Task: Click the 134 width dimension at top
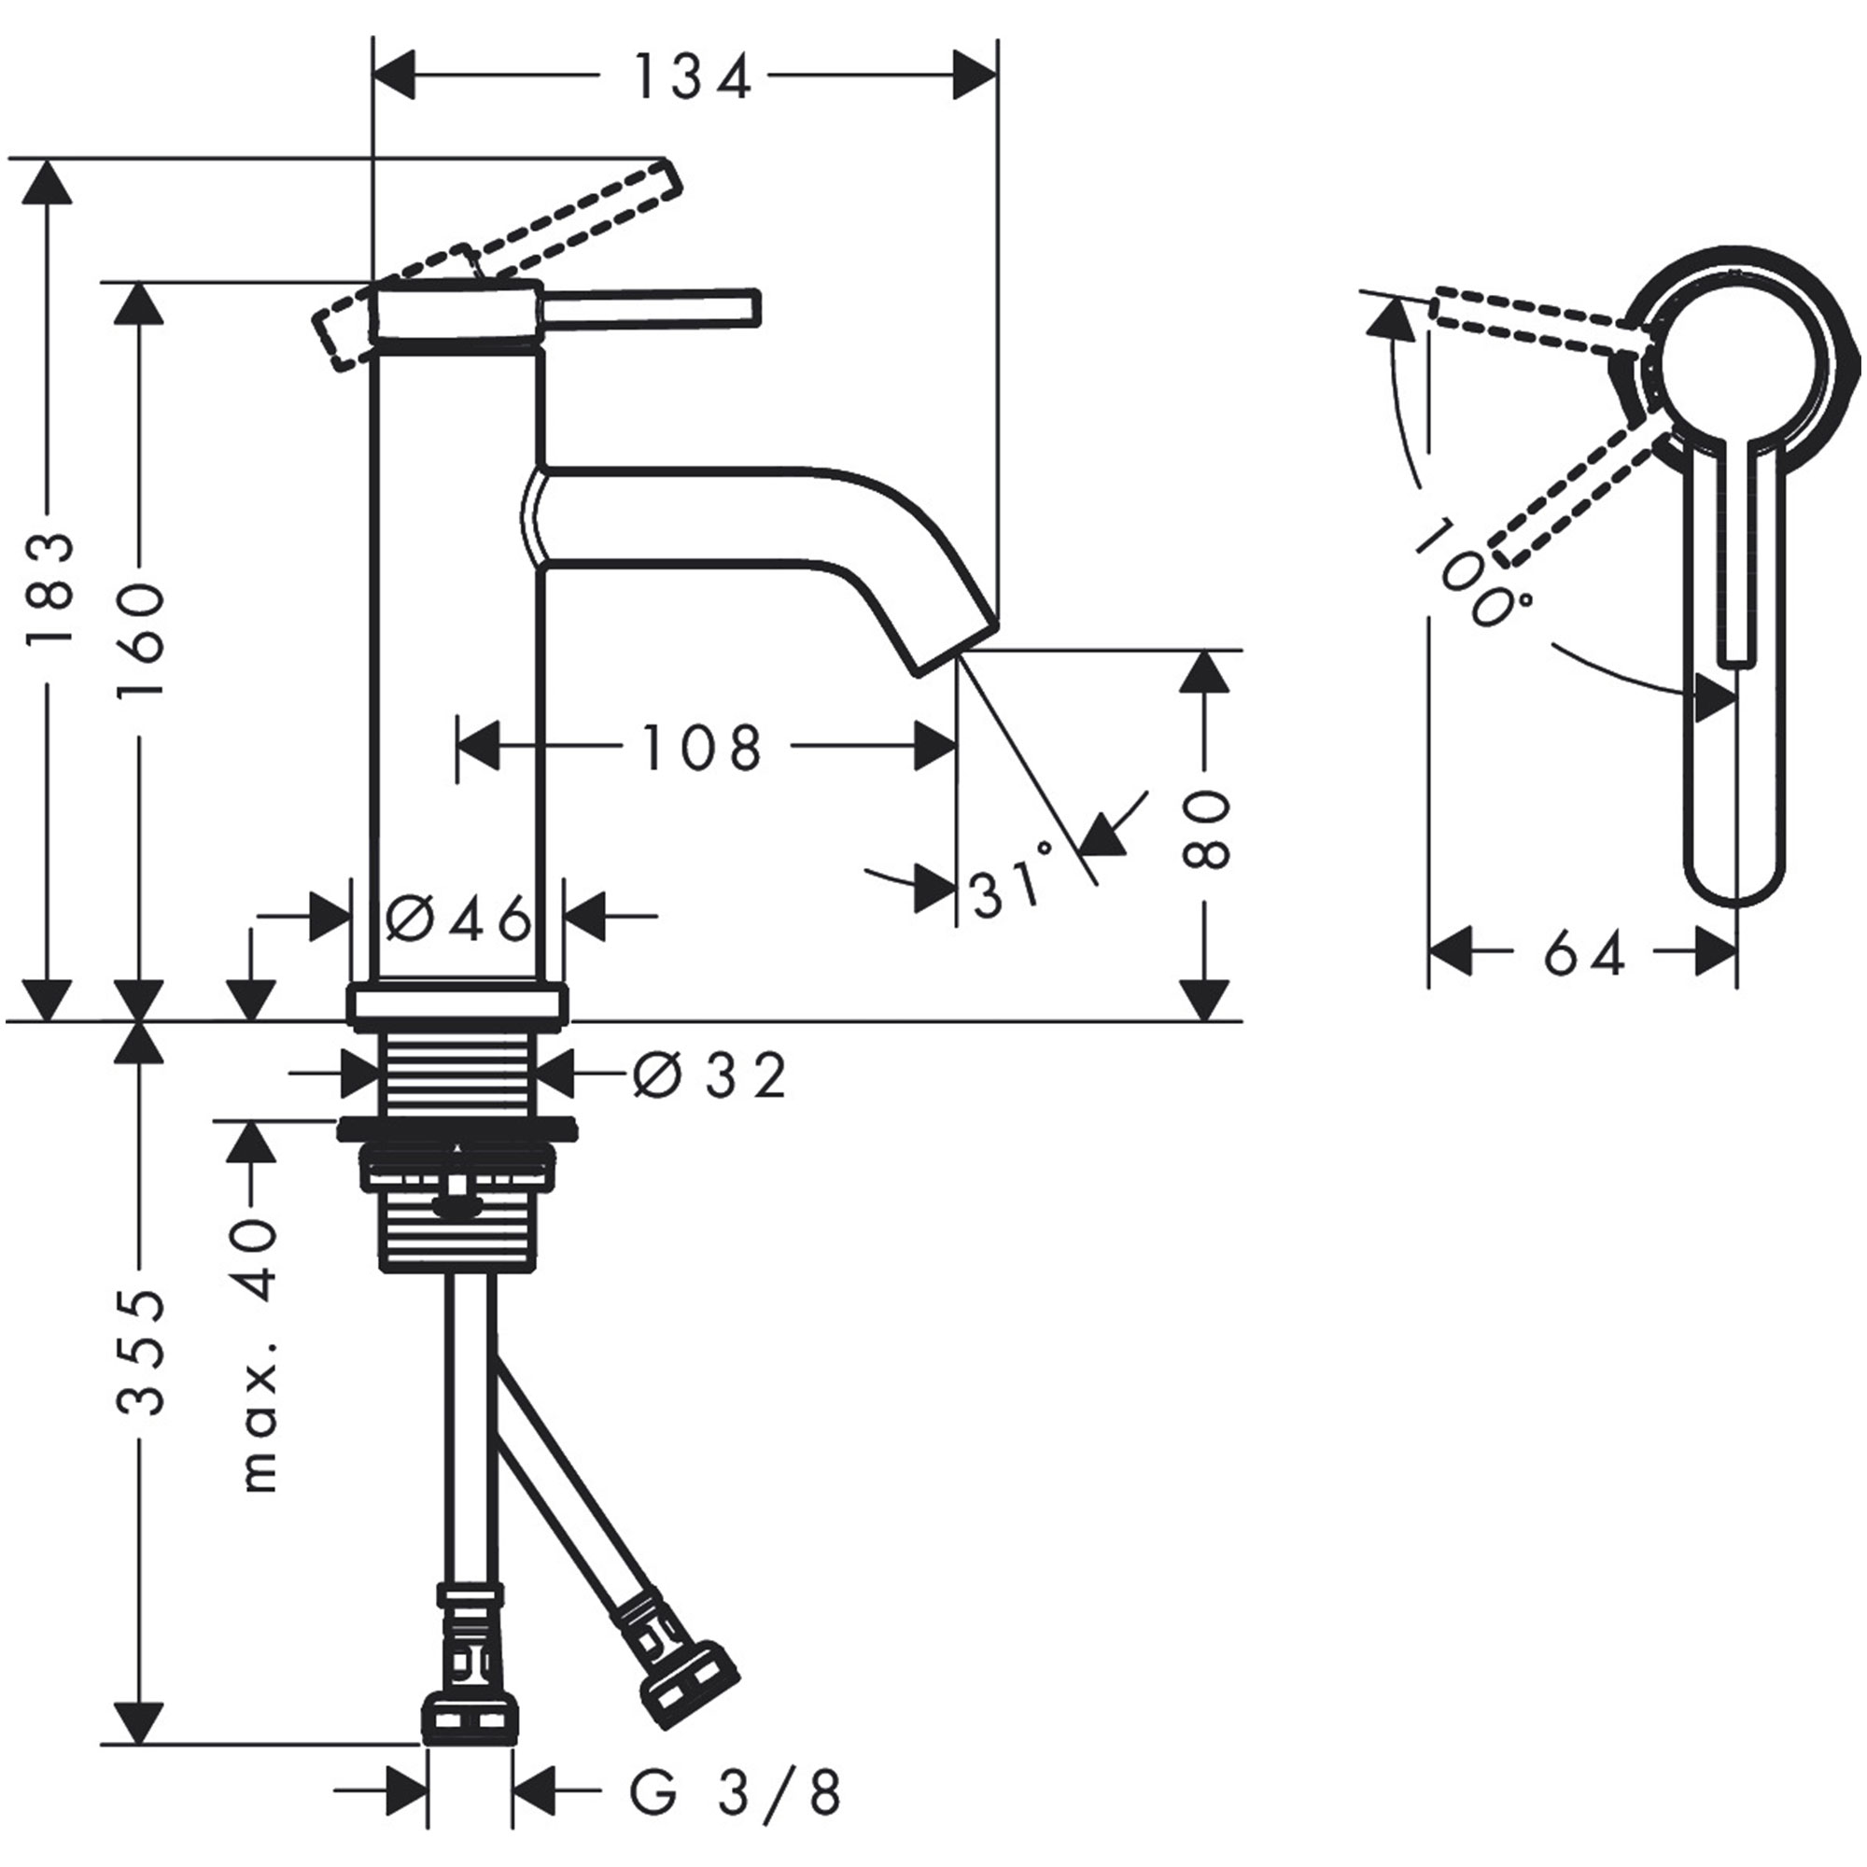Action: click(x=692, y=78)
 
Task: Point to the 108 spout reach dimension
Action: click(x=702, y=748)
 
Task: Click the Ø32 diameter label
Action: click(x=710, y=1074)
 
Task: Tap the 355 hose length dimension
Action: click(x=141, y=1353)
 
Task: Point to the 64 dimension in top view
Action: click(x=1584, y=956)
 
